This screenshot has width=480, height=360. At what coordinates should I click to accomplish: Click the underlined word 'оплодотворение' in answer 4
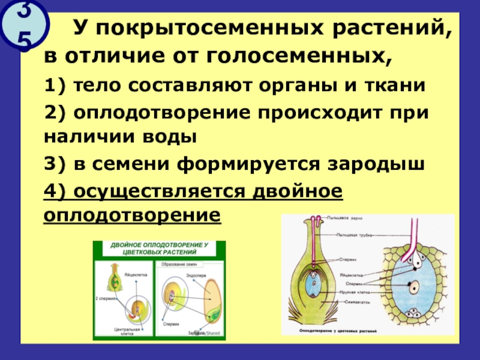pos(133,214)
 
